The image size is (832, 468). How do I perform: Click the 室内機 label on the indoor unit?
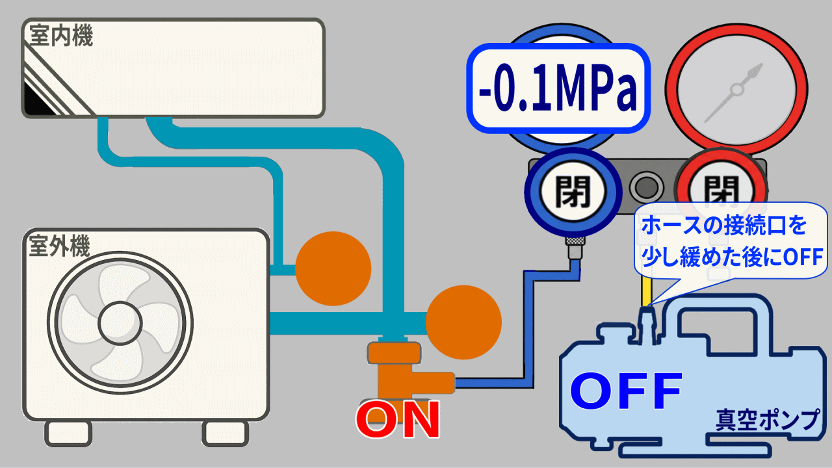(61, 36)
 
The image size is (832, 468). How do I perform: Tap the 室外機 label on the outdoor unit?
(59, 246)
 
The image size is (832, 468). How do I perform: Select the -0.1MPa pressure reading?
(558, 88)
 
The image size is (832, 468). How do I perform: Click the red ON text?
(398, 420)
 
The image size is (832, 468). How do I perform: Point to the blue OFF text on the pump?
(626, 391)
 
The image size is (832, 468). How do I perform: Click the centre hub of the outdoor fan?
(120, 324)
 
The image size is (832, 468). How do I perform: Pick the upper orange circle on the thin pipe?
(333, 268)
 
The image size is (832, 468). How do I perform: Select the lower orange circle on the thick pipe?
(463, 322)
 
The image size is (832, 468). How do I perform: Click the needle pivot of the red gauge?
(737, 90)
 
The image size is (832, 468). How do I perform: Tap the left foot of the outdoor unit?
(68, 434)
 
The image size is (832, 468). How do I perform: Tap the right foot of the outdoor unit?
(226, 434)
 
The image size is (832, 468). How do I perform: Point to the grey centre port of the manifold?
(646, 187)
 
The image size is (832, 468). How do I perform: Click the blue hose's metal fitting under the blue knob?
(575, 248)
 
